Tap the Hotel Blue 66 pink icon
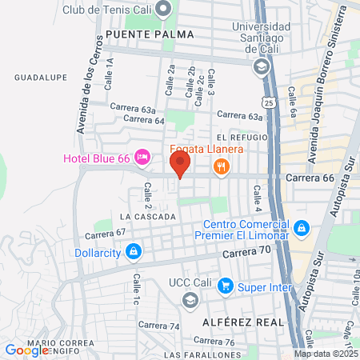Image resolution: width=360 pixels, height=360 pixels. click(x=142, y=156)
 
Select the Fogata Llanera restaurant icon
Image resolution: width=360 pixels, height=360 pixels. click(x=221, y=166)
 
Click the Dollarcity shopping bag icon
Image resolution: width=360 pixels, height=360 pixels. click(x=134, y=251)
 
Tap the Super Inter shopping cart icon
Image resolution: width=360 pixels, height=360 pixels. click(x=226, y=285)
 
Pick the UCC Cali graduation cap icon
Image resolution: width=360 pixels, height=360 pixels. click(x=190, y=300)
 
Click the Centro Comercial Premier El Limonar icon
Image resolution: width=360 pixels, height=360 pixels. click(x=301, y=230)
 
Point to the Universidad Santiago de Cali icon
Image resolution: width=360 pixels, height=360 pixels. click(x=261, y=67)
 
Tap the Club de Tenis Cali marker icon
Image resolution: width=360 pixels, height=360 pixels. click(x=165, y=10)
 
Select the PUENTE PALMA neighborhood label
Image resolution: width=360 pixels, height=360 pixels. click(x=138, y=34)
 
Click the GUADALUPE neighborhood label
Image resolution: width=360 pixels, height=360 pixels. click(x=38, y=78)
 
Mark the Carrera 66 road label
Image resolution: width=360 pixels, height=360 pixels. click(x=308, y=178)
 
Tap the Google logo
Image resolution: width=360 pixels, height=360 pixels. click(x=27, y=350)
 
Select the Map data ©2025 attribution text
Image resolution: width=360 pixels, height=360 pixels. click(x=325, y=354)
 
